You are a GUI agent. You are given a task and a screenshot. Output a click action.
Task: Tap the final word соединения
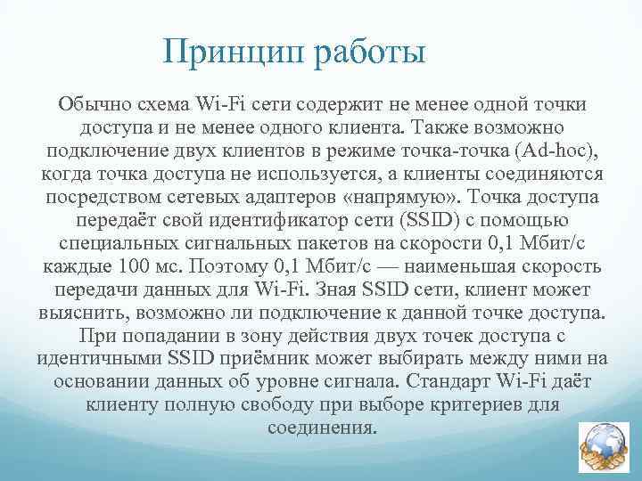[322, 428]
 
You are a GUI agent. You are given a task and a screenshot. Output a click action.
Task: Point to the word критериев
[479, 404]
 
